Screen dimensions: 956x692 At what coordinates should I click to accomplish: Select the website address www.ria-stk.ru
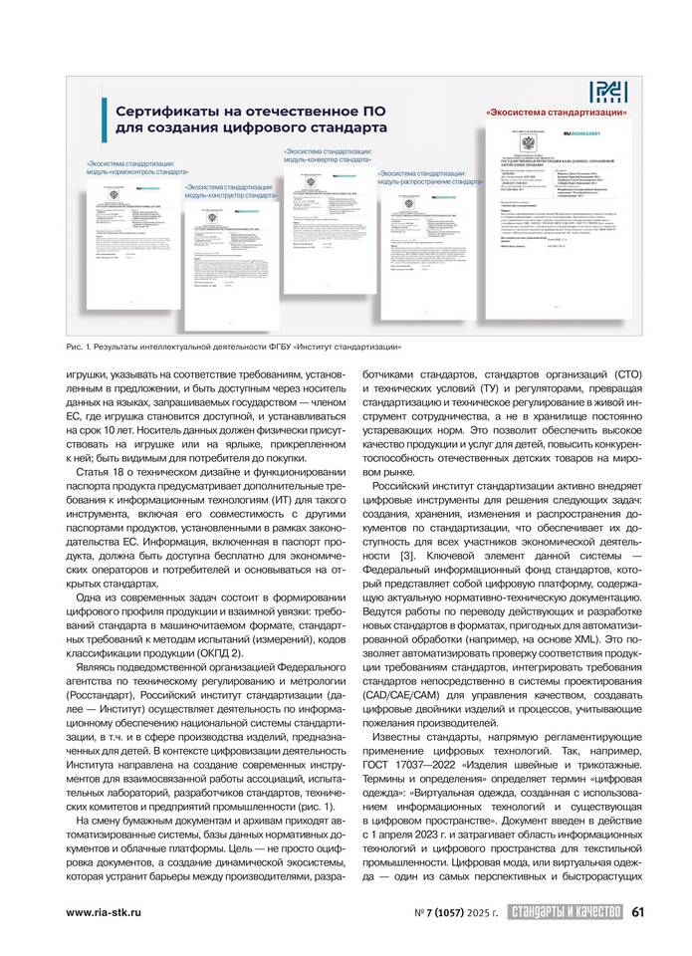click(x=108, y=910)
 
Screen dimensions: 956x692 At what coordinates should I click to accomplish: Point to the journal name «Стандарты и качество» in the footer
click(x=564, y=909)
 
